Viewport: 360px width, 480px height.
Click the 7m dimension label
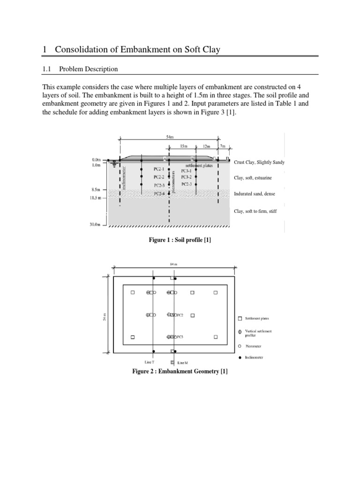pyautogui.click(x=224, y=147)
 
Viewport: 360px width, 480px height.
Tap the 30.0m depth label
pyautogui.click(x=95, y=225)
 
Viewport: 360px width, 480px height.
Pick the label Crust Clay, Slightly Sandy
pyautogui.click(x=259, y=163)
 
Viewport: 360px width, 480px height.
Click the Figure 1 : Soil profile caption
pyautogui.click(x=180, y=240)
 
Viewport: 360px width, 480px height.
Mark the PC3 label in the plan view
pyautogui.click(x=180, y=337)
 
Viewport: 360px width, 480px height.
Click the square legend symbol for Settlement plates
pyautogui.click(x=240, y=318)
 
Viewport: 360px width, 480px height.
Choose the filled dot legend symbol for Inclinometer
pyautogui.click(x=240, y=357)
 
